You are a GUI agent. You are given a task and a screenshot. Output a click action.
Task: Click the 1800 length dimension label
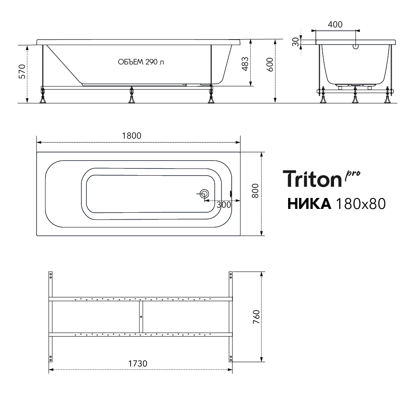click(132, 136)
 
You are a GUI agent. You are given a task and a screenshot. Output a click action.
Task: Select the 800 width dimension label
click(255, 191)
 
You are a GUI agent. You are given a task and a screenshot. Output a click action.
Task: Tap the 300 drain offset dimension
click(224, 205)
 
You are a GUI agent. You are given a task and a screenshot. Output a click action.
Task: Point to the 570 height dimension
click(22, 71)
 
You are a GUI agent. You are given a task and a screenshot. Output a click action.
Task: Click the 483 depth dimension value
click(245, 64)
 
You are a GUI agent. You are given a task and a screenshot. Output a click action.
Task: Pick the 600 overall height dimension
click(270, 64)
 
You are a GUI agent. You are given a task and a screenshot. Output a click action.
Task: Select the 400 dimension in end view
click(335, 24)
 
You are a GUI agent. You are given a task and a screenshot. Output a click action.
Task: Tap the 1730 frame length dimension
click(138, 364)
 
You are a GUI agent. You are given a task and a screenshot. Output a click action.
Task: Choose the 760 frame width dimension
click(257, 317)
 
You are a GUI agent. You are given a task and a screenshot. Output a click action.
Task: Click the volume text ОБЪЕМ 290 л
click(141, 62)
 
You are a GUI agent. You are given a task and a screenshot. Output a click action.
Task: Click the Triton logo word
click(312, 179)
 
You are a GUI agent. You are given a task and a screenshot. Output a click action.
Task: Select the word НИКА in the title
click(309, 204)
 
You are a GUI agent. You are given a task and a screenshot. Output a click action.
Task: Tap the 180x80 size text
click(360, 204)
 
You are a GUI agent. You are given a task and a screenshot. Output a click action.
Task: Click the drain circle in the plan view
click(204, 194)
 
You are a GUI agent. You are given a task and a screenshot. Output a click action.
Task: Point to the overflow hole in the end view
click(356, 47)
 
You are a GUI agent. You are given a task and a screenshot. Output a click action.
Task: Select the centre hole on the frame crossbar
click(141, 317)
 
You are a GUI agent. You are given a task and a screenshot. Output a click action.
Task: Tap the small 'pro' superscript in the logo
click(353, 175)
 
